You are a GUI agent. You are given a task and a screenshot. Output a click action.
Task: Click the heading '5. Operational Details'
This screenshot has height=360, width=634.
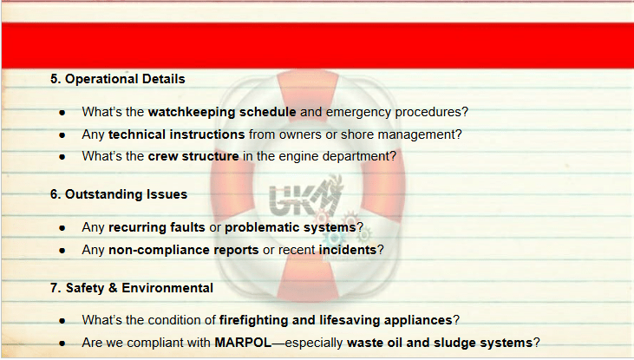click(x=118, y=79)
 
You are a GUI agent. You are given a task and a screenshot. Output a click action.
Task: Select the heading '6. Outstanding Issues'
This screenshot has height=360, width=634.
click(x=119, y=194)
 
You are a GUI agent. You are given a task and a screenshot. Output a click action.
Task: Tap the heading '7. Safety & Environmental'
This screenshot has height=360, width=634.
click(x=132, y=288)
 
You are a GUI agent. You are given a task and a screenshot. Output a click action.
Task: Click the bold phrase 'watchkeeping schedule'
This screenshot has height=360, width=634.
click(x=222, y=112)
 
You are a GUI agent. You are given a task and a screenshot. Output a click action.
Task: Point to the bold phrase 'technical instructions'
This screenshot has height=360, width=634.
click(x=177, y=134)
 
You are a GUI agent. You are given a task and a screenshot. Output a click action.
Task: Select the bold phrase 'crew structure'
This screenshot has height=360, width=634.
click(x=193, y=156)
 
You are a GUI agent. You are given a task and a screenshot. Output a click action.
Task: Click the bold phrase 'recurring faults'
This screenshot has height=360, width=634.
click(x=157, y=227)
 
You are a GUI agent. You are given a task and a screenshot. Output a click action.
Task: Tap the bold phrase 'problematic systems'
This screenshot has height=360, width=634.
click(x=291, y=227)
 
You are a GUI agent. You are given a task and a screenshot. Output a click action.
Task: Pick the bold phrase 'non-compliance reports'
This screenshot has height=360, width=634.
click(x=184, y=250)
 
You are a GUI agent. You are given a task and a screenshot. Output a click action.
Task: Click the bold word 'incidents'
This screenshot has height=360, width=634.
click(x=348, y=250)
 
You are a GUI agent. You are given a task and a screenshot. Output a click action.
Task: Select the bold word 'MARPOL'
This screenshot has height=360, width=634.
click(x=243, y=343)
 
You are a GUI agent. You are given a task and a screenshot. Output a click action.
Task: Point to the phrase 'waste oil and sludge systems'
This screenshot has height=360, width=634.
click(x=440, y=343)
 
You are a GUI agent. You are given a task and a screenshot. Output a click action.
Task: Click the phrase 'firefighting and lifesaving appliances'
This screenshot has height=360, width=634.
click(x=336, y=320)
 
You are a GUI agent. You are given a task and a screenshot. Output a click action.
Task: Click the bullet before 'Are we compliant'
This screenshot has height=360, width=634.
click(x=62, y=344)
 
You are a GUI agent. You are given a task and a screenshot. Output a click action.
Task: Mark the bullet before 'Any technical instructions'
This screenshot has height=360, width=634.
click(x=62, y=135)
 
